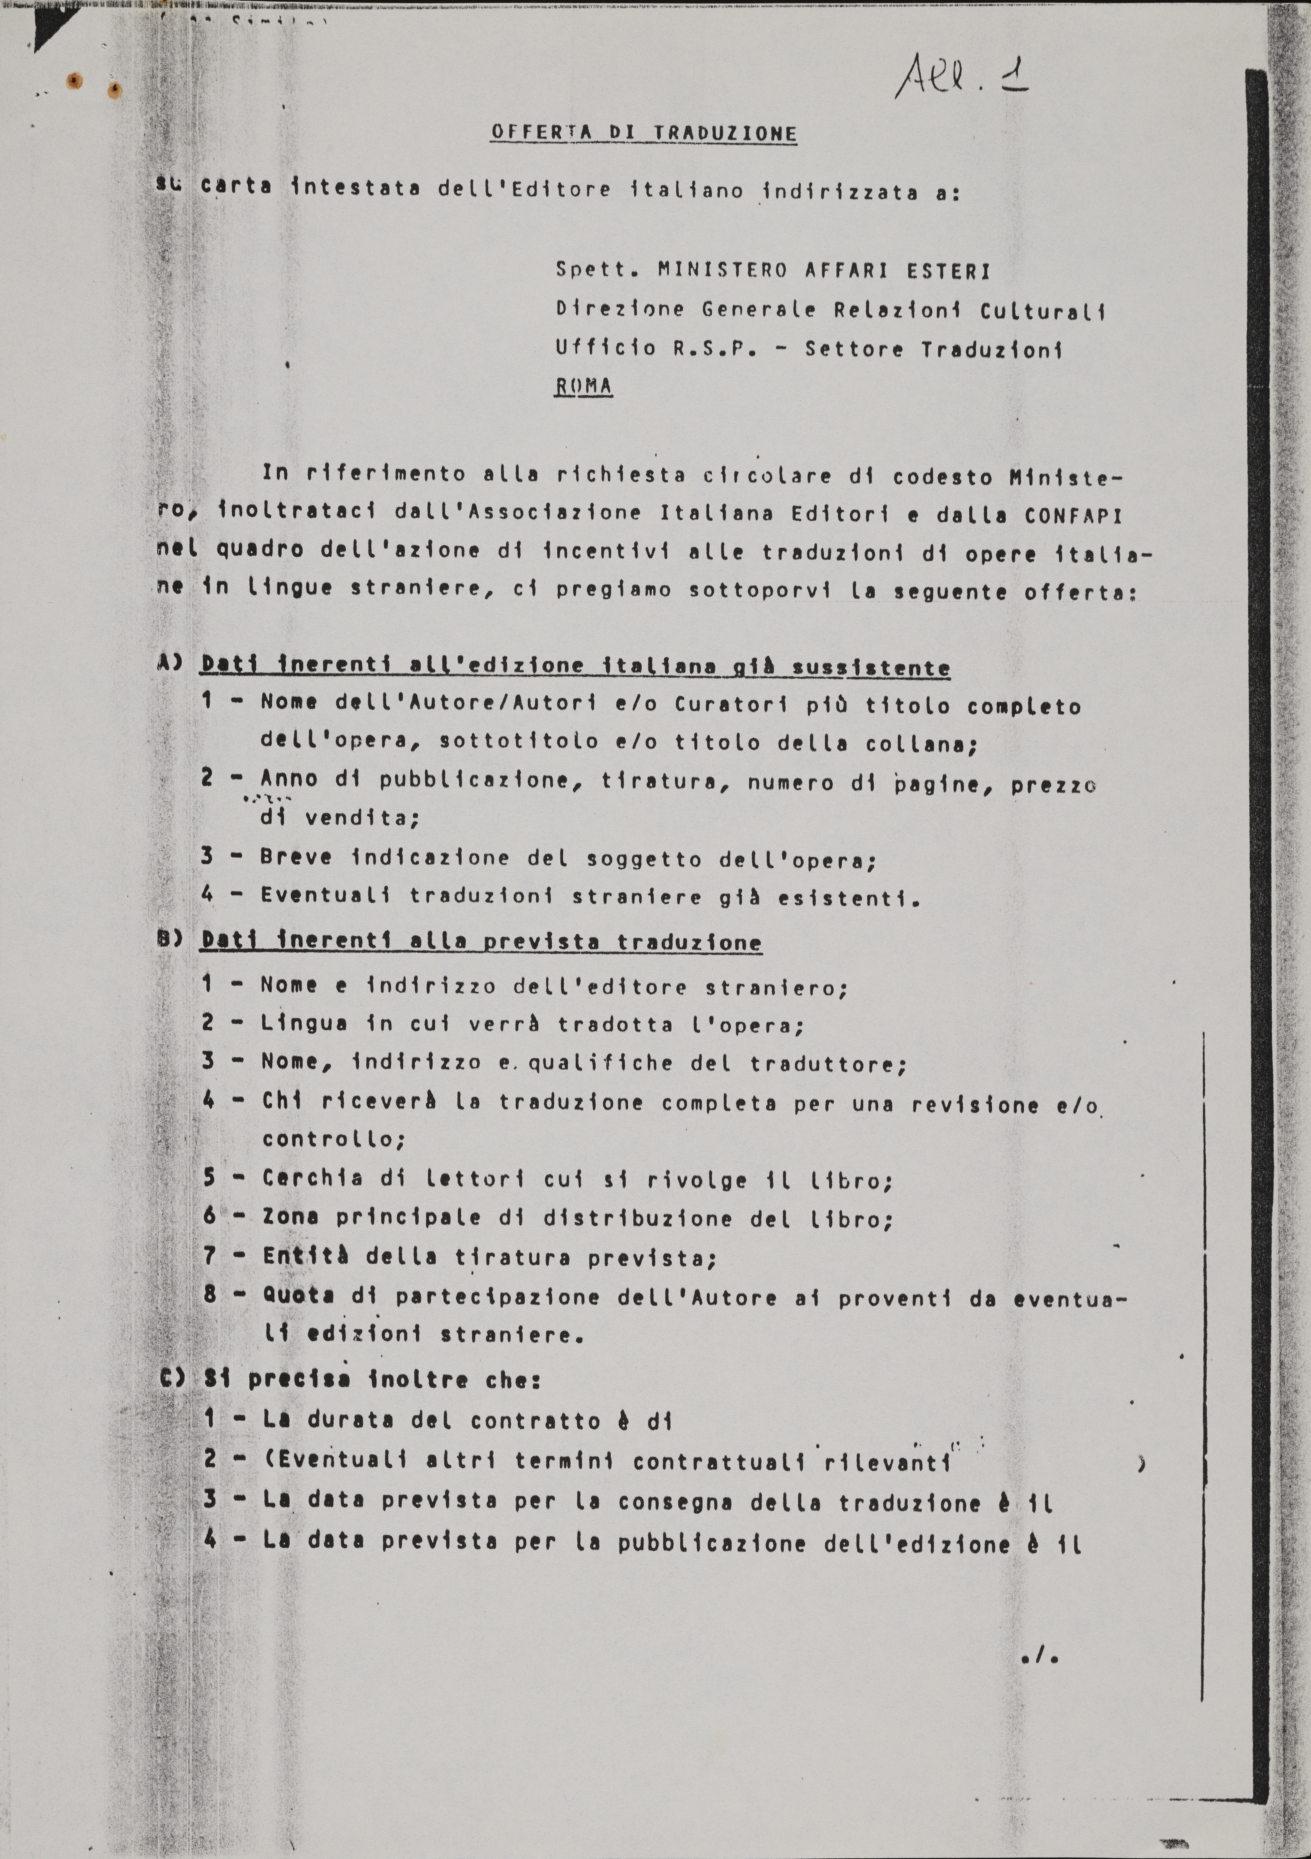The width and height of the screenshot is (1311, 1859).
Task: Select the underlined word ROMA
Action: (583, 386)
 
